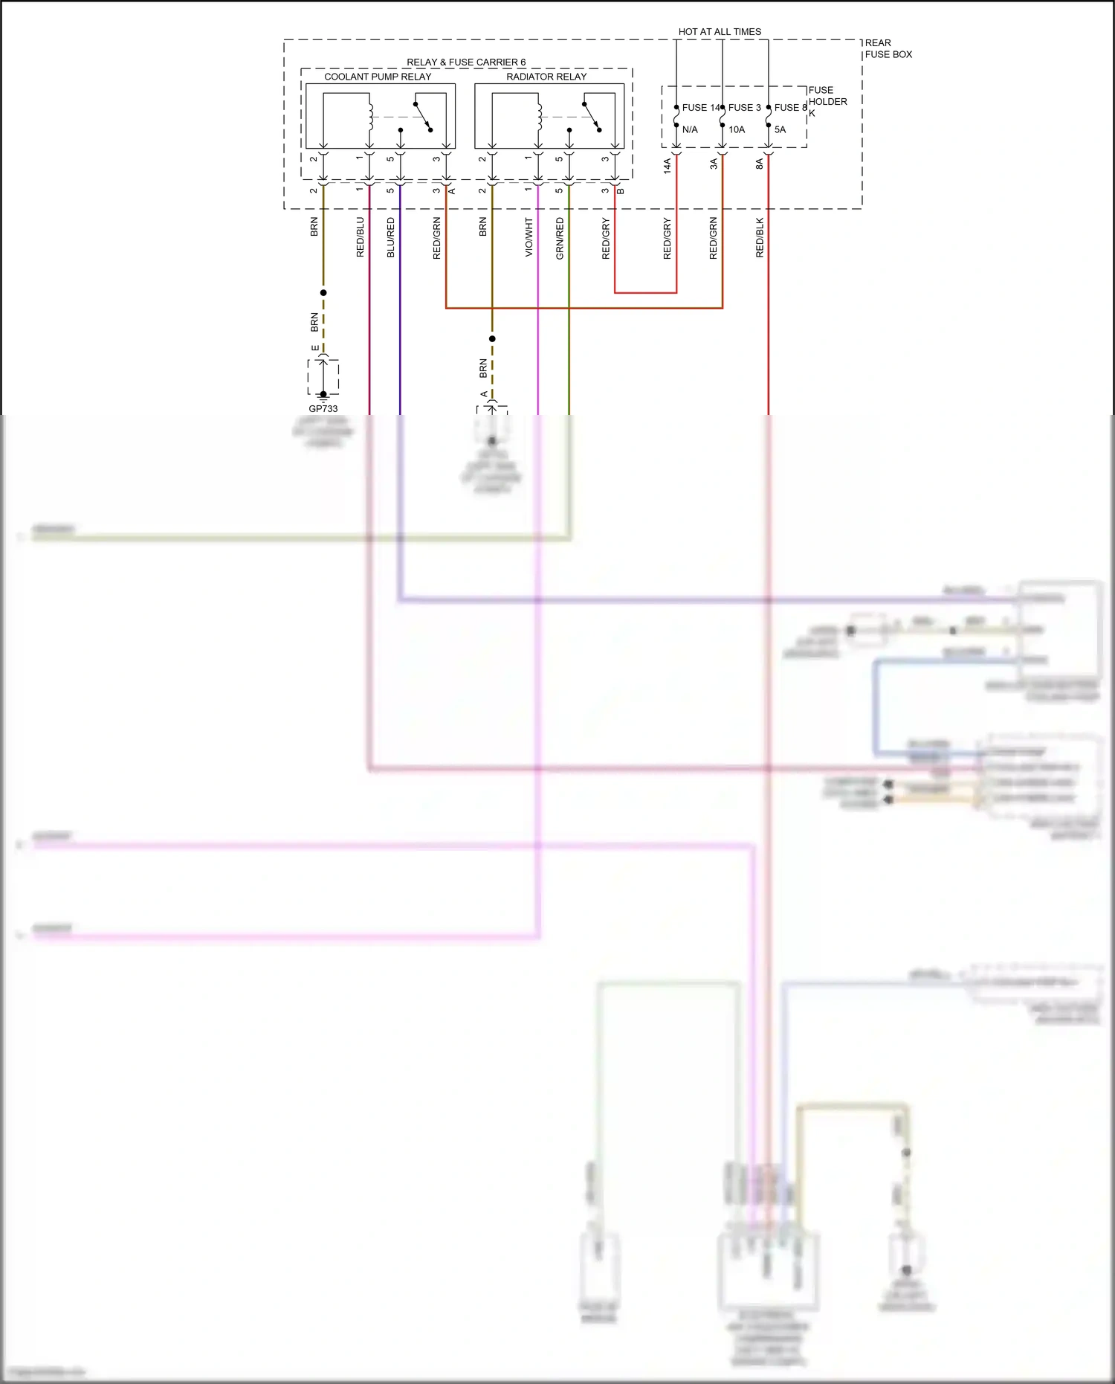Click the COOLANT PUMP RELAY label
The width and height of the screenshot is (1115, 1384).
(x=378, y=77)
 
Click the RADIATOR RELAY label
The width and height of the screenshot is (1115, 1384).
(x=546, y=77)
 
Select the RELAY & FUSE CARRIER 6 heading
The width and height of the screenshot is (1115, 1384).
(x=466, y=62)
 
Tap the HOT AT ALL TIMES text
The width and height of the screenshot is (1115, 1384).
(x=720, y=32)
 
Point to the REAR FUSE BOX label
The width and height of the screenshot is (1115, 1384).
(x=888, y=48)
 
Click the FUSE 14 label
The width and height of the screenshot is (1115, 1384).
(x=701, y=108)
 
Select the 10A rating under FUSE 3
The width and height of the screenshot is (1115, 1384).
(x=737, y=129)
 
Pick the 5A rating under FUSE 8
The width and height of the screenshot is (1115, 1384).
(x=780, y=129)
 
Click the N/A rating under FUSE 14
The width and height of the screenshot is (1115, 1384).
(x=690, y=129)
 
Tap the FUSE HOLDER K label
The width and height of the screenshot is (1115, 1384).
(x=827, y=101)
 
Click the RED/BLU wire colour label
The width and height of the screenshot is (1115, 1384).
(x=361, y=237)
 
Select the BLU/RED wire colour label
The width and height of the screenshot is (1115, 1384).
(x=391, y=237)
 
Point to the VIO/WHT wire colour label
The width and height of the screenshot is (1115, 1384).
(x=529, y=237)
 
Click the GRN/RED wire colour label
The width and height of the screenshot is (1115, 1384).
(x=560, y=237)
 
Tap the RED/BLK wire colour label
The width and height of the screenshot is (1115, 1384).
(x=759, y=237)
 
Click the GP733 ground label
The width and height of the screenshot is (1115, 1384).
(x=323, y=409)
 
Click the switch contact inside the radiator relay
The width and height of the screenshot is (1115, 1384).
(x=592, y=116)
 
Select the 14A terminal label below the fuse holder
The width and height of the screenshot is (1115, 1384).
(x=667, y=165)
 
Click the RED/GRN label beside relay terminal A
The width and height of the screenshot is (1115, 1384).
(x=436, y=237)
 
